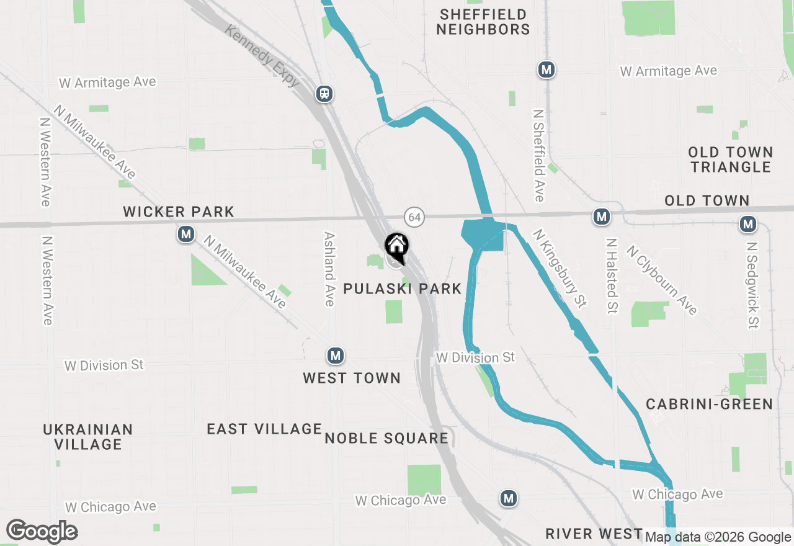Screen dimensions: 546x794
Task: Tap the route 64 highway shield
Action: click(x=414, y=217)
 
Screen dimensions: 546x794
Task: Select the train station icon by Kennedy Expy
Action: click(x=324, y=94)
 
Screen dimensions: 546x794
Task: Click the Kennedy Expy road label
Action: click(x=262, y=55)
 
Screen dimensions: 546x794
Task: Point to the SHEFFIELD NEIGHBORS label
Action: click(x=483, y=22)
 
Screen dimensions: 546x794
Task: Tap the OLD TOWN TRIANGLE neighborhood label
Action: click(x=731, y=159)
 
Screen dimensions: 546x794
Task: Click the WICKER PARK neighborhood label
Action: click(x=179, y=212)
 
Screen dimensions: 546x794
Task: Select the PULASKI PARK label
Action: click(x=403, y=289)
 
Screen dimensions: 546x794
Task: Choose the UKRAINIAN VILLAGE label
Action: click(x=88, y=437)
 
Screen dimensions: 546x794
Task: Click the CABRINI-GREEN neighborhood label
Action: click(x=709, y=405)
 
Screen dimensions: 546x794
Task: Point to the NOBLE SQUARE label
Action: click(x=386, y=439)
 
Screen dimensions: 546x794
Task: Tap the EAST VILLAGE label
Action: click(x=264, y=429)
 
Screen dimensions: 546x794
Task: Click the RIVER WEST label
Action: click(x=594, y=534)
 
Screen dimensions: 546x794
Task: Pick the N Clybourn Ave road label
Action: click(x=662, y=280)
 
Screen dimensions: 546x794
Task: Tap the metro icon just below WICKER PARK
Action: click(x=185, y=234)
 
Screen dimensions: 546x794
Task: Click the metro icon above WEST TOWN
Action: click(x=336, y=356)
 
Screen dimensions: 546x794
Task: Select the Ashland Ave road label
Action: click(x=329, y=269)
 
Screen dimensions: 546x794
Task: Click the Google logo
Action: click(x=42, y=531)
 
